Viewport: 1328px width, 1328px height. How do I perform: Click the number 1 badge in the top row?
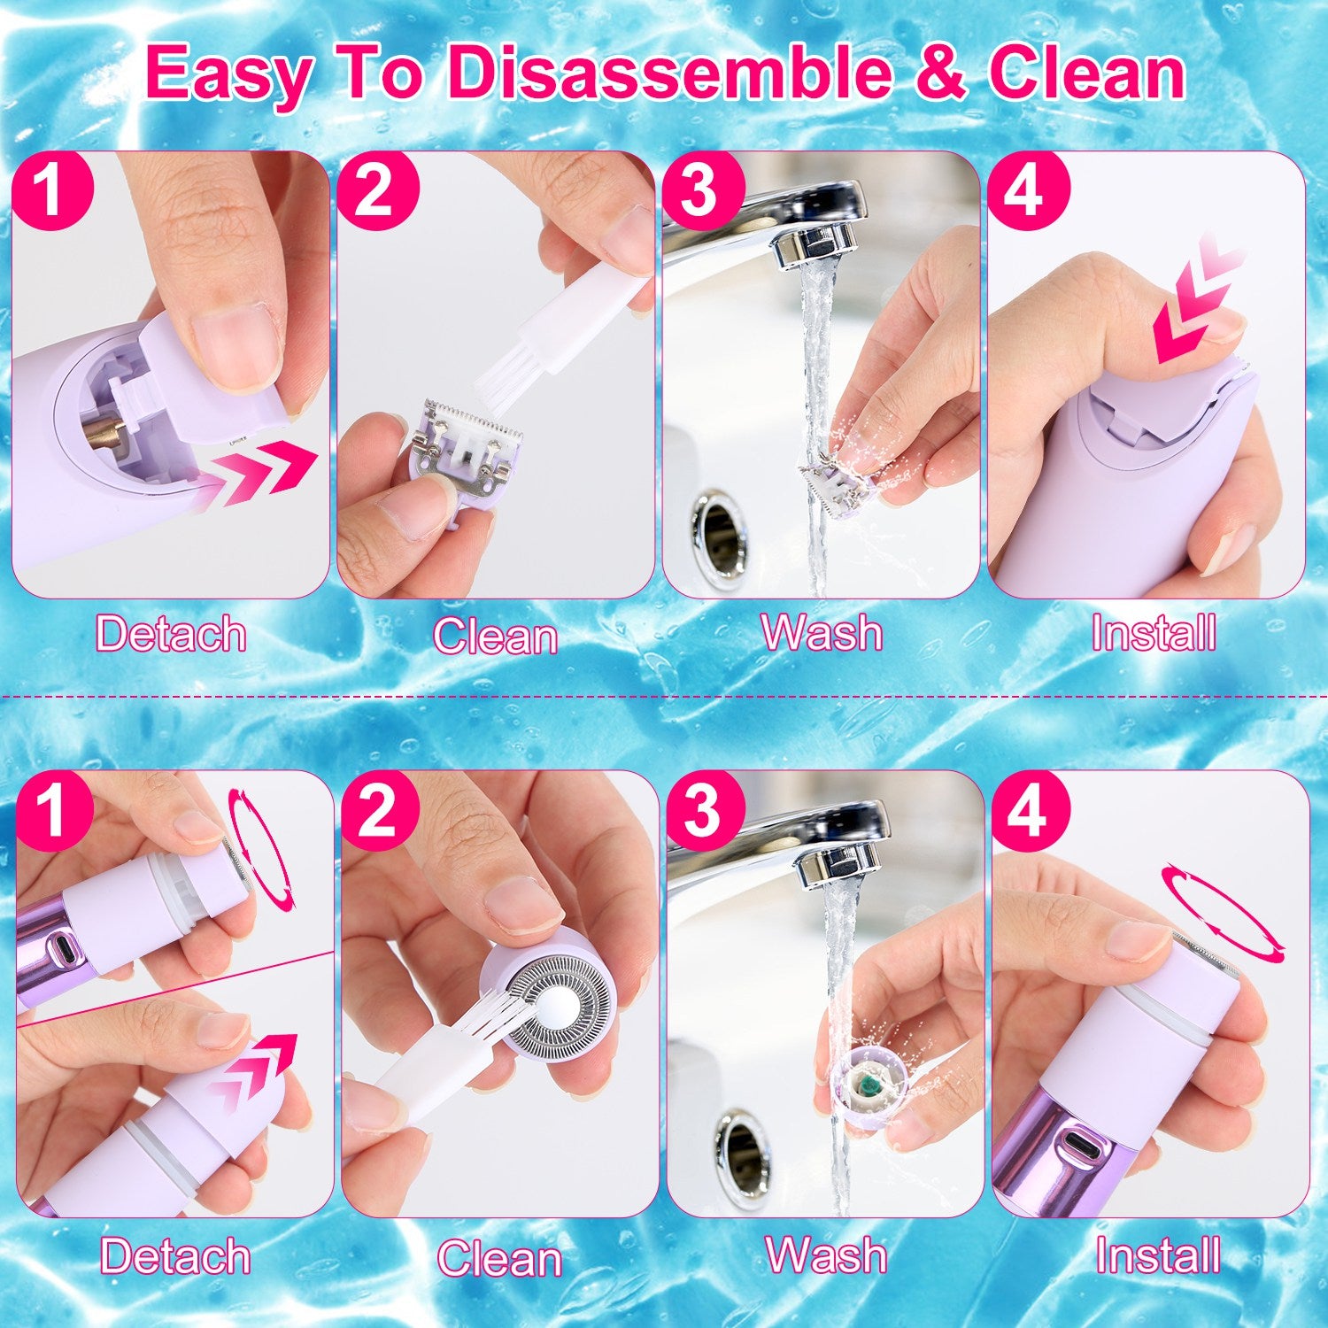click(x=52, y=189)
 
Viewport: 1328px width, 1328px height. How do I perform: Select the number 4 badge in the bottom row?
click(x=1027, y=810)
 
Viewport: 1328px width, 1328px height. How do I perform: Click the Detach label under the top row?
click(x=171, y=634)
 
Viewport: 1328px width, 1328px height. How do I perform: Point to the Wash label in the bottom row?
click(x=825, y=1255)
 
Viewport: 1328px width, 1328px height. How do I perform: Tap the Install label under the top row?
click(x=1153, y=634)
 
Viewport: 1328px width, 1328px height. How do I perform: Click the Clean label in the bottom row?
click(x=499, y=1258)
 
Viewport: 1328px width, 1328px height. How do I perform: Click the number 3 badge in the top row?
click(x=700, y=189)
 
